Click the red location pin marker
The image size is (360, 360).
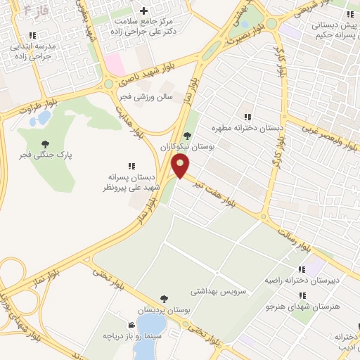click(181, 167)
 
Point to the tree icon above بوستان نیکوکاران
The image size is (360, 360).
click(186, 136)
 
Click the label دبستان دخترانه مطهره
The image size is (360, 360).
click(245, 129)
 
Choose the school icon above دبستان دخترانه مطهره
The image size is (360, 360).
click(247, 117)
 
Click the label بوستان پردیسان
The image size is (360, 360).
click(164, 310)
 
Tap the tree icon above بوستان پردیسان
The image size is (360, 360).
click(164, 299)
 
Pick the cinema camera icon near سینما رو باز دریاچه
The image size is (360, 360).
click(131, 324)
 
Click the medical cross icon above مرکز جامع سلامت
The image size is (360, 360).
click(144, 11)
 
